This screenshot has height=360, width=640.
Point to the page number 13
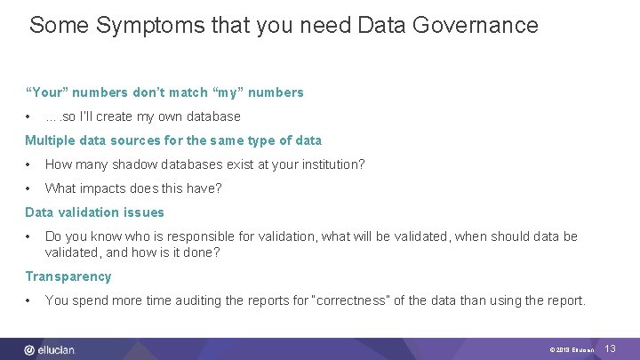click(610, 349)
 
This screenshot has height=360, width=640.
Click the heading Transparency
click(68, 276)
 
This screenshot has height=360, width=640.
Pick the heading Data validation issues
click(94, 212)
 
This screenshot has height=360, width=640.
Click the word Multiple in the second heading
click(51, 140)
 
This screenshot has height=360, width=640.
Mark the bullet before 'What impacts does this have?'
click(30, 188)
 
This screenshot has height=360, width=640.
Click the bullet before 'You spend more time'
click(30, 300)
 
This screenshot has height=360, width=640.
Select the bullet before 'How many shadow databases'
click(30, 164)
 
